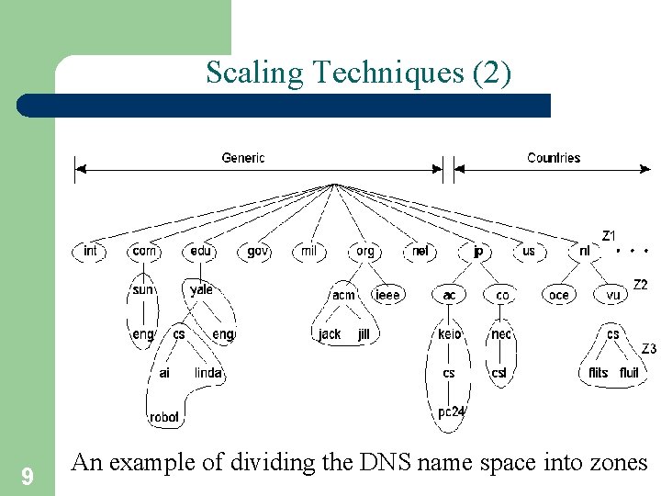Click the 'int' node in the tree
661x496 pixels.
tap(90, 251)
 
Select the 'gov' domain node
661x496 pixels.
tap(258, 251)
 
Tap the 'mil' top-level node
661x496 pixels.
tap(308, 251)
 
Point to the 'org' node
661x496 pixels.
tap(365, 251)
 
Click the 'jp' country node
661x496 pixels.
tap(477, 251)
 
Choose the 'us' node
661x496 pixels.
tap(529, 251)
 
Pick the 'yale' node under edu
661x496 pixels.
tap(201, 289)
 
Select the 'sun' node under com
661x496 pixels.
tap(142, 289)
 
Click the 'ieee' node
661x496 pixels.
tap(387, 295)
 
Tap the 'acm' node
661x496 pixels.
tap(343, 295)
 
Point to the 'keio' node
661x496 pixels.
tap(449, 334)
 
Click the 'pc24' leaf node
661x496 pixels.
tap(451, 411)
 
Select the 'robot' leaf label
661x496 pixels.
tap(164, 417)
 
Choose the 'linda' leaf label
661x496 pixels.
tap(208, 373)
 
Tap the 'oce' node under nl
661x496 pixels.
tap(558, 295)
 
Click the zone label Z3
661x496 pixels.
tap(648, 348)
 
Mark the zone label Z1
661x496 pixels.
tap(609, 236)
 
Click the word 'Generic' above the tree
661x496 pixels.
tap(243, 158)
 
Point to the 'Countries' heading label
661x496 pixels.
tap(554, 158)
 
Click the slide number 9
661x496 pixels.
tap(28, 476)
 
